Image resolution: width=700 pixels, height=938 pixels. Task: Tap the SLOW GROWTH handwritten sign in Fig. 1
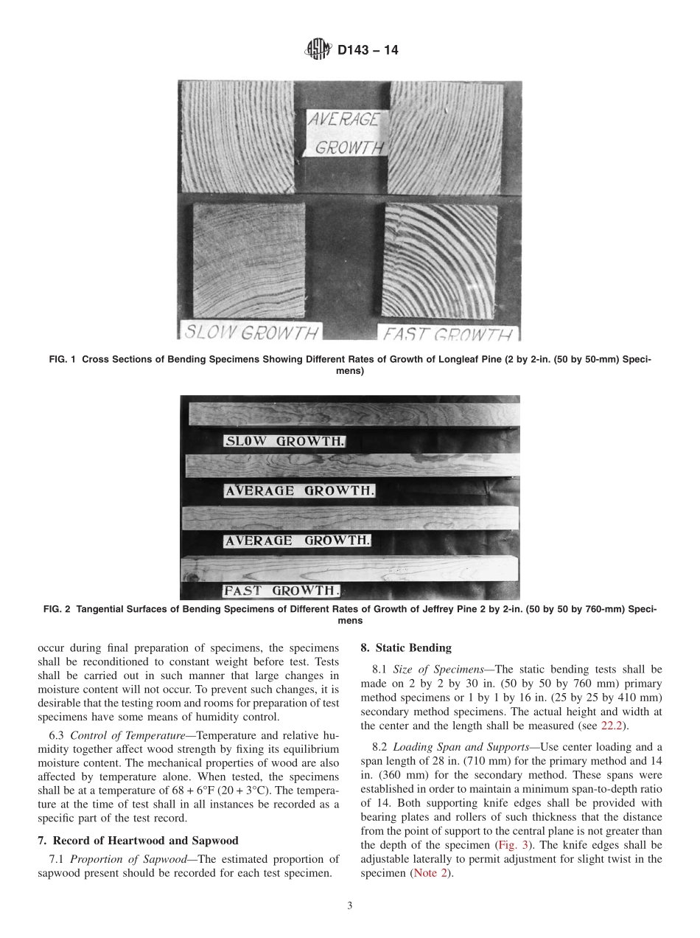[x=251, y=332]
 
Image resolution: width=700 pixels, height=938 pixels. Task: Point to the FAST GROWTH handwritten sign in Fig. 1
[x=447, y=335]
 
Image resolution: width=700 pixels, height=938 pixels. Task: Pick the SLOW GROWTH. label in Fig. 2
[x=284, y=442]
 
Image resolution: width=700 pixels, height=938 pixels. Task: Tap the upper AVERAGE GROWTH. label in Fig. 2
[x=299, y=490]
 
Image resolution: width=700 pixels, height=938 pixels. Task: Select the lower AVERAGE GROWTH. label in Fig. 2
[x=296, y=541]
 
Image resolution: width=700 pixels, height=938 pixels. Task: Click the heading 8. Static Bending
[x=405, y=648]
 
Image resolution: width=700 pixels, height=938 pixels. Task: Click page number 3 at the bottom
[x=350, y=906]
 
